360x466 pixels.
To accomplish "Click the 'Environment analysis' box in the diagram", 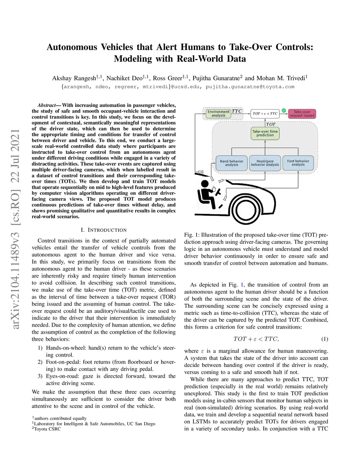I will pyautogui.click(x=218, y=114).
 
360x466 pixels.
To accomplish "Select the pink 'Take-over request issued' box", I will pyautogui.click(x=302, y=114).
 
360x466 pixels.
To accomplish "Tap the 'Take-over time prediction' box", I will pyautogui.click(x=265, y=133).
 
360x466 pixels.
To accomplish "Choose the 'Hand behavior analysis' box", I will pyautogui.click(x=231, y=163).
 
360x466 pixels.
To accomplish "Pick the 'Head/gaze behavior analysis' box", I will pyautogui.click(x=265, y=163).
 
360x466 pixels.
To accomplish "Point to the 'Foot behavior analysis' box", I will pyautogui.click(x=298, y=163).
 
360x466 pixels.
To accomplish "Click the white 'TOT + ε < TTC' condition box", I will pyautogui.click(x=265, y=114).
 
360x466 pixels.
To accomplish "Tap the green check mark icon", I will pyautogui.click(x=284, y=110).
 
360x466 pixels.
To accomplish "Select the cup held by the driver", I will pyautogui.click(x=214, y=190).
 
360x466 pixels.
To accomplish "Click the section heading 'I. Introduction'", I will pyautogui.click(x=103, y=230).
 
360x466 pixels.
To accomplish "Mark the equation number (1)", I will pyautogui.click(x=324, y=339).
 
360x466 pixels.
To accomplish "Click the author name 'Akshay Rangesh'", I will pyautogui.click(x=74, y=78).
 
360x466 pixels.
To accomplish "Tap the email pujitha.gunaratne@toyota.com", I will pyautogui.click(x=250, y=87).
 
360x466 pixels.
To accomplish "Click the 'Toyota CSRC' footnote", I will pyautogui.click(x=47, y=429).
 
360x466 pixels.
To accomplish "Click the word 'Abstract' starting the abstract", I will pyautogui.click(x=46, y=105).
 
